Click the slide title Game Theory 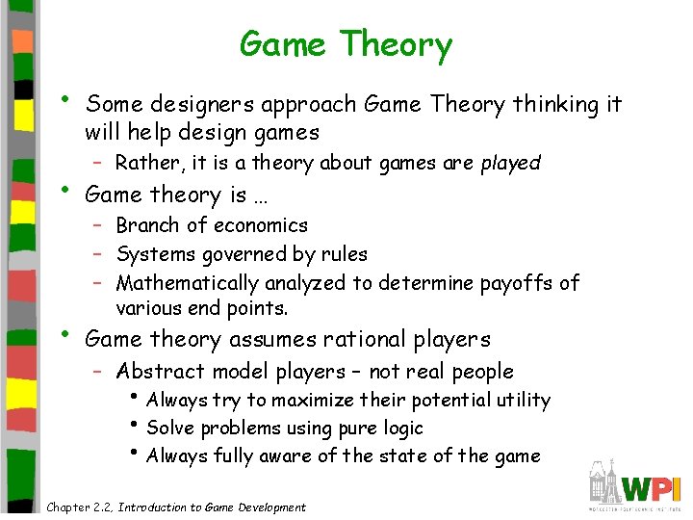point(346,44)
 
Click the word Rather point(145,163)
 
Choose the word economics point(260,225)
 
